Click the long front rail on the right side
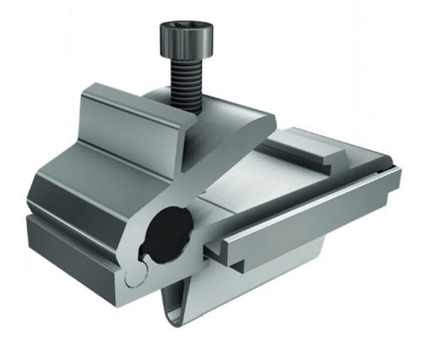(x=313, y=213)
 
